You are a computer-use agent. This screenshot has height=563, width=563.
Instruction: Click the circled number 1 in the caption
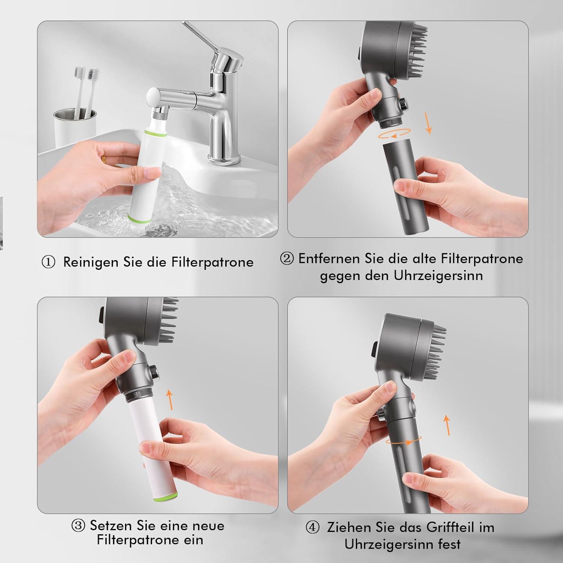point(48,262)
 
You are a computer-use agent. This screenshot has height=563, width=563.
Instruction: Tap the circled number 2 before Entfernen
point(287,259)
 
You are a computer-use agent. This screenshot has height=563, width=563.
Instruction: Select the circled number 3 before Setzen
point(78,525)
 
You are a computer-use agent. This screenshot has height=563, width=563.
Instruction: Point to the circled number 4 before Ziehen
point(312,527)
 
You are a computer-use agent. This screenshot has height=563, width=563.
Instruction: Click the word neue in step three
point(206,525)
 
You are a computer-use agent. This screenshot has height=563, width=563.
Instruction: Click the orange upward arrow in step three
point(170,400)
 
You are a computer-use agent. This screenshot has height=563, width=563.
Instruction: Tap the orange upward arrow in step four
point(447,425)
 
